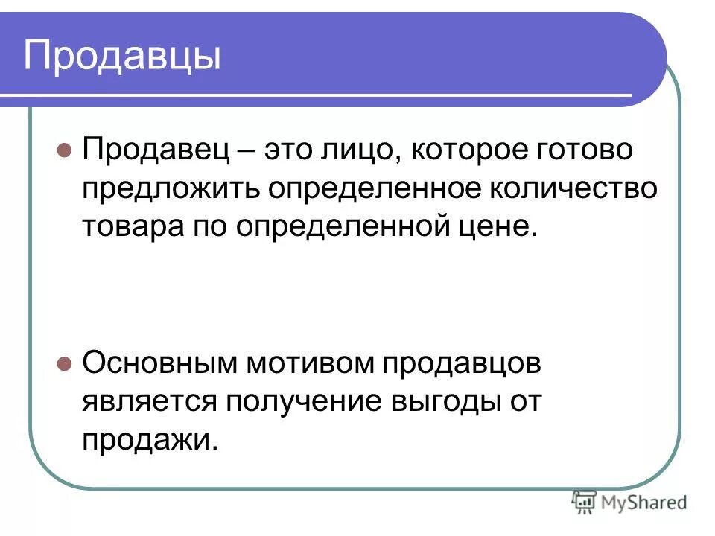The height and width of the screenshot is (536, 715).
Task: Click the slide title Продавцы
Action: point(123,57)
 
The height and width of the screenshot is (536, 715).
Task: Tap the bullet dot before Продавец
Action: point(65,149)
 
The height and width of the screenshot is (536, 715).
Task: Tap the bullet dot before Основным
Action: point(65,365)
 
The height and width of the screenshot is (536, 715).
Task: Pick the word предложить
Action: point(171,189)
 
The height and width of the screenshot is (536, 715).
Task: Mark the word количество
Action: point(573,189)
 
